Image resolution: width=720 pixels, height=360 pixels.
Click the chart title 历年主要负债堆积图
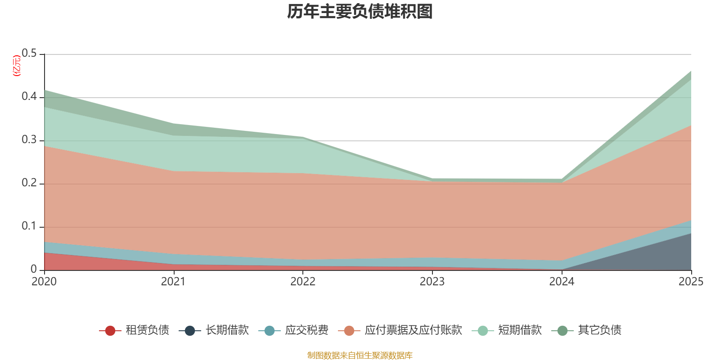[x=360, y=12]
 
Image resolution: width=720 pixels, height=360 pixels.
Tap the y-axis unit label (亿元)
[x=17, y=66]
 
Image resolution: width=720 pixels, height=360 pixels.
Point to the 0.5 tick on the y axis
[x=30, y=54]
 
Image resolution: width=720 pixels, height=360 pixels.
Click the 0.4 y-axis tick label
[x=30, y=97]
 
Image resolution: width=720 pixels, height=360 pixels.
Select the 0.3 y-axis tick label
[x=30, y=140]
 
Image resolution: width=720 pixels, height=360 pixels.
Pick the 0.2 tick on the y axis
[x=30, y=183]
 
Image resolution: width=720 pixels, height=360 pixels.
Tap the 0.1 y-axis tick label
[x=30, y=226]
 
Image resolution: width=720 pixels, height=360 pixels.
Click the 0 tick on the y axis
[x=34, y=269]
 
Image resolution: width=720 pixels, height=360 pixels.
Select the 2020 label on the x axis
[x=44, y=282]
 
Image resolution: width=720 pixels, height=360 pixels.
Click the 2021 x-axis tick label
[x=173, y=282]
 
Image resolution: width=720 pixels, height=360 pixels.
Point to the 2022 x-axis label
[x=303, y=282]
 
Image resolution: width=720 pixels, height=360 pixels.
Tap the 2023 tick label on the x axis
[x=432, y=282]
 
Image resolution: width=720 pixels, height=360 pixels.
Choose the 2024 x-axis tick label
[x=562, y=282]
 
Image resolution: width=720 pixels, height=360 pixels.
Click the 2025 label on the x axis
[x=691, y=282]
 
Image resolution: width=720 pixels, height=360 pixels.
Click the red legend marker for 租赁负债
[x=110, y=331]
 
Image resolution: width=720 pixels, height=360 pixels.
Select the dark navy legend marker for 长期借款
[x=190, y=331]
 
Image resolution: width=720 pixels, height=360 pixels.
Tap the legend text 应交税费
[x=306, y=330]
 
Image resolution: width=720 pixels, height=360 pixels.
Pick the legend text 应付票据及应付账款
[x=413, y=330]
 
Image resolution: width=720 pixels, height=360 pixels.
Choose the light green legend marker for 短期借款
[x=482, y=331]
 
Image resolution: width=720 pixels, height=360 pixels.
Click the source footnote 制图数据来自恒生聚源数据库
[x=360, y=355]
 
